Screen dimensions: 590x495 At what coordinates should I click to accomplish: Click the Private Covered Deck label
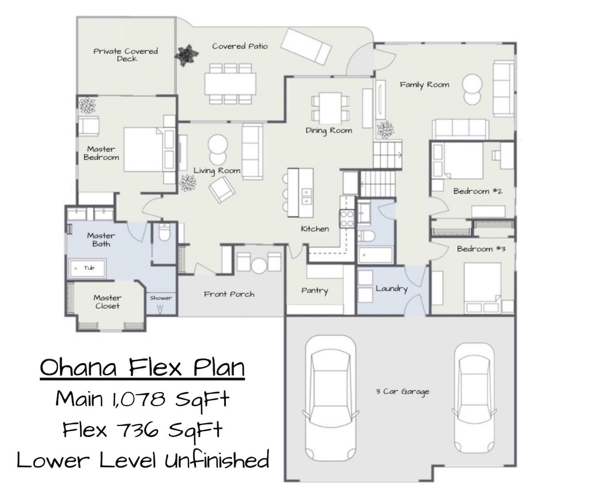(x=126, y=55)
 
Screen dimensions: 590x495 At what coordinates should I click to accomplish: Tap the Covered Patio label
(x=240, y=46)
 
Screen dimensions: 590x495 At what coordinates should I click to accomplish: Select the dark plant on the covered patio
(x=186, y=55)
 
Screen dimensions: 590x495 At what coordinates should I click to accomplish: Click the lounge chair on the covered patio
(x=307, y=47)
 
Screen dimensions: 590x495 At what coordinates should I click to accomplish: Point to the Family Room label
(x=425, y=85)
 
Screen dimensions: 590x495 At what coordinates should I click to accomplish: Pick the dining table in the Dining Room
(x=330, y=108)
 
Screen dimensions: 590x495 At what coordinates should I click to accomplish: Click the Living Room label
(x=217, y=171)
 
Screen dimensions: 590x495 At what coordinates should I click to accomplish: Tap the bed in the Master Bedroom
(x=149, y=149)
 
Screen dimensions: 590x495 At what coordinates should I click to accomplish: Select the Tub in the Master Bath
(x=87, y=268)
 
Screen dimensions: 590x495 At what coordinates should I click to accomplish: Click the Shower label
(x=161, y=298)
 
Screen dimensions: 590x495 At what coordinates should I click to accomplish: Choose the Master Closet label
(x=107, y=301)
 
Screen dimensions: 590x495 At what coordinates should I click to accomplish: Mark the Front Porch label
(x=229, y=294)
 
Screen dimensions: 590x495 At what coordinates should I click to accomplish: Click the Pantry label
(x=314, y=291)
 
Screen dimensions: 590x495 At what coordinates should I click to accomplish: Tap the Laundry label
(x=392, y=289)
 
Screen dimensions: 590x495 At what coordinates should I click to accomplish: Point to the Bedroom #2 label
(x=478, y=191)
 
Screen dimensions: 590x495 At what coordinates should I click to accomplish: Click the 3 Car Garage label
(x=402, y=392)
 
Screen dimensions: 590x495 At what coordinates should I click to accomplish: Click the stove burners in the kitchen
(x=347, y=218)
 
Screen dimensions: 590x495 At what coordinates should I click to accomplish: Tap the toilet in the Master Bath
(x=164, y=232)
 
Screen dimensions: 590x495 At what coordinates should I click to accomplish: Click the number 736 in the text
(x=138, y=430)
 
